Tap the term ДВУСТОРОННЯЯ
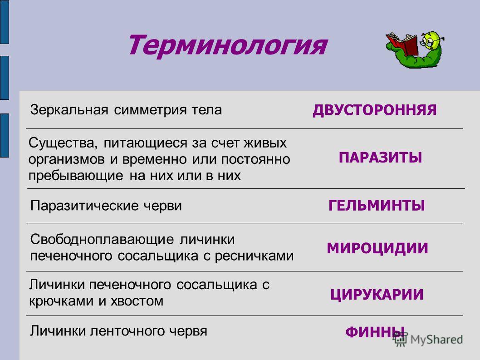click(x=374, y=110)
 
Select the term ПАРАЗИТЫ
click(x=380, y=158)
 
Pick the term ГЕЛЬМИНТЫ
click(x=377, y=206)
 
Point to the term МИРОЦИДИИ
click(x=377, y=248)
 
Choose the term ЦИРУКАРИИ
click(x=377, y=295)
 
